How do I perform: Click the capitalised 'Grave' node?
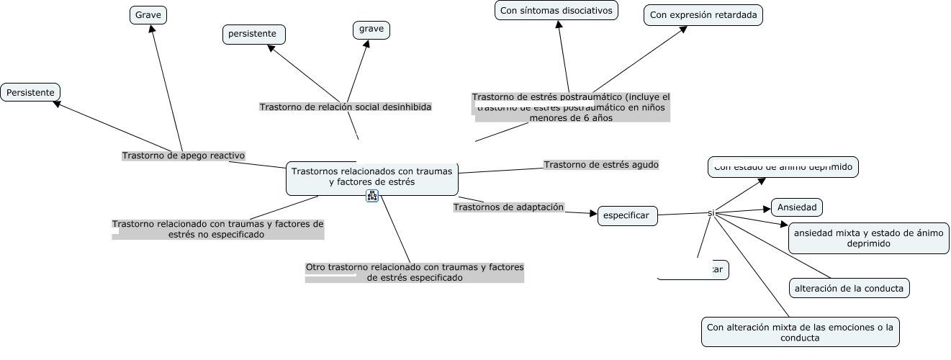148,14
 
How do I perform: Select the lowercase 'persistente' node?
253,34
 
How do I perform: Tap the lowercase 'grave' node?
371,30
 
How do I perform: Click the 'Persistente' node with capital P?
30,92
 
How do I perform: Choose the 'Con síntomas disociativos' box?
557,10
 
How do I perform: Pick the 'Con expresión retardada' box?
703,14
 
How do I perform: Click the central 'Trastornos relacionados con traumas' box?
372,177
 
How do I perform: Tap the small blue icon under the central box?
372,196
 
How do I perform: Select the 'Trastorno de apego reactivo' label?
184,156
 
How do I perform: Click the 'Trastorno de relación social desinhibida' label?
346,107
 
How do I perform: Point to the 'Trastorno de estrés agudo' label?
601,165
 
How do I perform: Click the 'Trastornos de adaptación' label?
508,207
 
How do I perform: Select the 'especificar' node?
627,215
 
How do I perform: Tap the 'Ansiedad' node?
797,207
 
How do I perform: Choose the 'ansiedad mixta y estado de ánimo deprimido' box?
868,238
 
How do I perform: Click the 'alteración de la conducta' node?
849,288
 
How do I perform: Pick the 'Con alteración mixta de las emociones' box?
800,332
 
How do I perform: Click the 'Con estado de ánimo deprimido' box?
783,167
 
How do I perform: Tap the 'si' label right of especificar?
711,213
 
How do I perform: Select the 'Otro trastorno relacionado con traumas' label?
414,272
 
